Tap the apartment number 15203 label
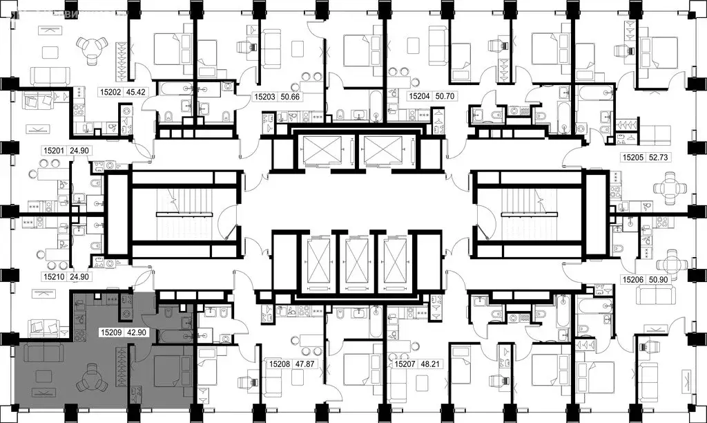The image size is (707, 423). [267, 98]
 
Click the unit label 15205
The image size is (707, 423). [632, 158]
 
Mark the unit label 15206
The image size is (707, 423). [632, 280]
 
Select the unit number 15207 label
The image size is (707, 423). [405, 362]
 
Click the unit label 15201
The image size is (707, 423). [55, 149]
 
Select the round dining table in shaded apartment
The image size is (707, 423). [90, 379]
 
